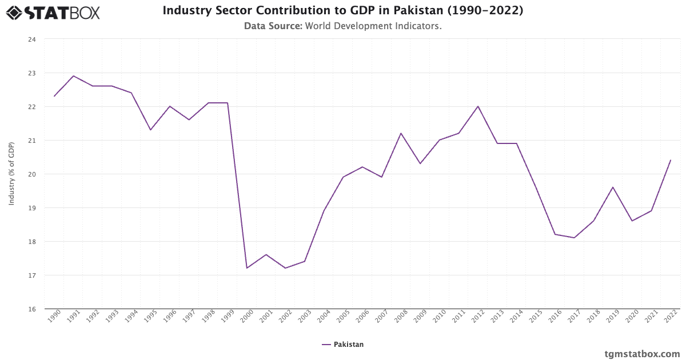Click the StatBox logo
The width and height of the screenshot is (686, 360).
[x=53, y=12]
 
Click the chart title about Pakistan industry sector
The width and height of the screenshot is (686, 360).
[x=342, y=10]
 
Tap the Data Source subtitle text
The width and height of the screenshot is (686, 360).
[x=342, y=26]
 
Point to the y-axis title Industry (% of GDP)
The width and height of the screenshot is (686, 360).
[x=11, y=174]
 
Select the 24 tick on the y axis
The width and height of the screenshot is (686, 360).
[x=31, y=39]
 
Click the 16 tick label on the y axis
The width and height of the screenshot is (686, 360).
[x=31, y=309]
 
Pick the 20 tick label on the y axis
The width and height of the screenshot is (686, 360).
[x=31, y=174]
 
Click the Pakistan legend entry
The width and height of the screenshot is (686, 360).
[x=342, y=345]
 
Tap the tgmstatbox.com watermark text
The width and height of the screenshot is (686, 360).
[x=642, y=354]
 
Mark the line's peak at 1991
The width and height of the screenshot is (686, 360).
[x=74, y=76]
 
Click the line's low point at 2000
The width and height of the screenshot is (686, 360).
[x=247, y=268]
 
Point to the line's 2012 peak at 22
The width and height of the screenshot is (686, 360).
[x=478, y=106]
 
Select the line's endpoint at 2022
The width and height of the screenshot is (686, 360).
[x=670, y=161]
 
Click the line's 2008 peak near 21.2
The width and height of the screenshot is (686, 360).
[x=401, y=133]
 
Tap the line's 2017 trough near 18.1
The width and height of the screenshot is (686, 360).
[x=574, y=238]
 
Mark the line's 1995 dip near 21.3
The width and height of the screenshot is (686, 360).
[x=150, y=130]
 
